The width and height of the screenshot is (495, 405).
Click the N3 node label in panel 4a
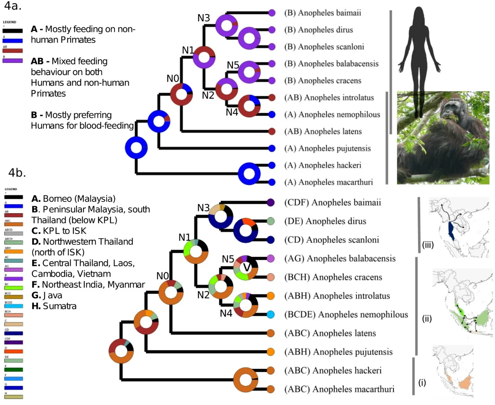pos(204,18)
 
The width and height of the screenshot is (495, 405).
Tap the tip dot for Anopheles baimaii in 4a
pos(272,13)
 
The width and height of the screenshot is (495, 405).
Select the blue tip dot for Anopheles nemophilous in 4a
pos(272,114)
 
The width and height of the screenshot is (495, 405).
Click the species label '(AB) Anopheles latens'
pos(323,131)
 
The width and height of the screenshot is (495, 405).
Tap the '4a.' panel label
pos(13,6)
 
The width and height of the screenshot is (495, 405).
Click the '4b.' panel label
pos(17,173)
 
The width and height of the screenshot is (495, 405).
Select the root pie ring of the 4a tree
pos(136,148)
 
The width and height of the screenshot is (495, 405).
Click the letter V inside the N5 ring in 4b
pos(246,268)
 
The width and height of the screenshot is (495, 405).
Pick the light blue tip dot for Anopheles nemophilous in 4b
pos(271,314)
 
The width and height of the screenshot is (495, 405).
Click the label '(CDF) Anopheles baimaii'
pos(333,202)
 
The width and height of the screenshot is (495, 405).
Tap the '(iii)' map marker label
pos(428,245)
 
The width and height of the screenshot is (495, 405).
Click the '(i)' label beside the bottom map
pos(422,383)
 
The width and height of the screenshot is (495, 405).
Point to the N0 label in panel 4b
pos(163,276)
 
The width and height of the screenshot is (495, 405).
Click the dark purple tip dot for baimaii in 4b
pos(271,202)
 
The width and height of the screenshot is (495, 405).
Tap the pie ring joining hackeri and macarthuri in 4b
pos(246,380)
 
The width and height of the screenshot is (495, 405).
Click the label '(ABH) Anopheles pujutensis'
pos(338,352)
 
